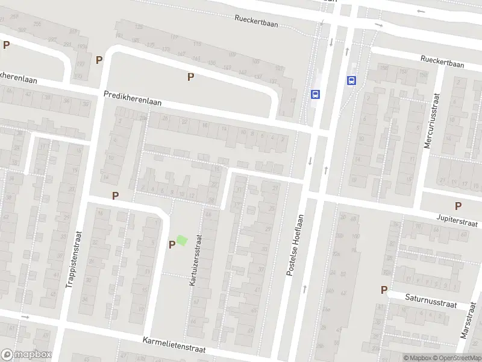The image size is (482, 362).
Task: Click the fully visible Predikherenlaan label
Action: [x=133, y=98]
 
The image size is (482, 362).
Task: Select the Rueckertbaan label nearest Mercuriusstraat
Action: [x=443, y=61]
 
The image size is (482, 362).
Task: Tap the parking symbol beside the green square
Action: [x=172, y=244]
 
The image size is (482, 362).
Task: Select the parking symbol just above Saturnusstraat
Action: [x=384, y=290]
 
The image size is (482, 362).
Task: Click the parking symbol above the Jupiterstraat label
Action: [x=459, y=206]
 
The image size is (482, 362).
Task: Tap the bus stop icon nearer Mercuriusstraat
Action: [x=351, y=80]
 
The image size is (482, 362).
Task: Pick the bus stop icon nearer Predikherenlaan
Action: [x=315, y=94]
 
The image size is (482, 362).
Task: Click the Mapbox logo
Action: [x=27, y=355]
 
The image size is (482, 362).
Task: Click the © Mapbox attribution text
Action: [x=418, y=358]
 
